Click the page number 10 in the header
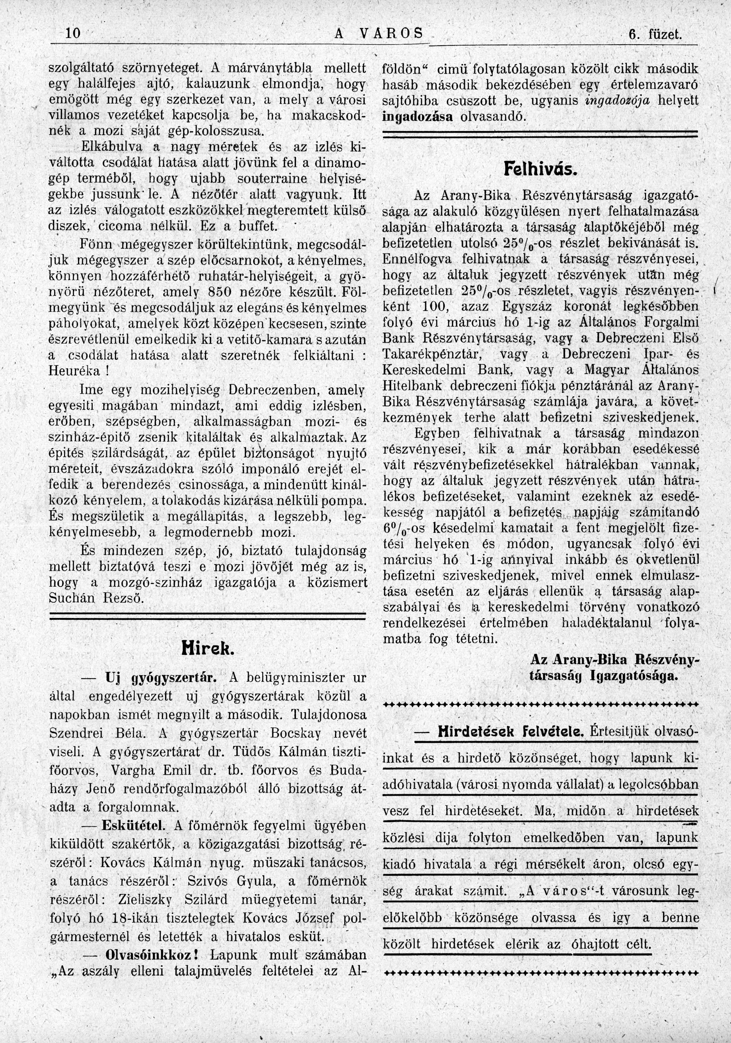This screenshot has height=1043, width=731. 73,34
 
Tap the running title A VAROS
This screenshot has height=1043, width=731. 378,34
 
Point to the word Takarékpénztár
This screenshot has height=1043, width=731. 432,355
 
